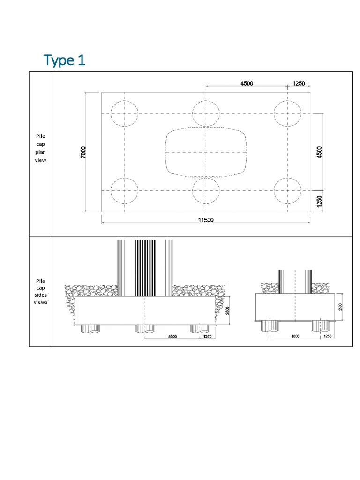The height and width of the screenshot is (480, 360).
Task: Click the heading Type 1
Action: (64, 60)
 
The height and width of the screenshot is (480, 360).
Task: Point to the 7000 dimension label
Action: (83, 152)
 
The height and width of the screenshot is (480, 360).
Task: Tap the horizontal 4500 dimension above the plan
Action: (247, 83)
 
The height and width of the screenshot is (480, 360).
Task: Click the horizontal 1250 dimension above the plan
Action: (299, 83)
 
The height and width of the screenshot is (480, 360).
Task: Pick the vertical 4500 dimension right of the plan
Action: (319, 152)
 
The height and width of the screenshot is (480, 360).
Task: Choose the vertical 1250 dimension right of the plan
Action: (319, 202)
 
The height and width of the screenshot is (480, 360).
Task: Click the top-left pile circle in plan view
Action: (124, 114)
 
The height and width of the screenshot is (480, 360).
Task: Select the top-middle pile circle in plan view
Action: (206, 114)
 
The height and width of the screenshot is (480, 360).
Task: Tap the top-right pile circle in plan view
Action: (287, 114)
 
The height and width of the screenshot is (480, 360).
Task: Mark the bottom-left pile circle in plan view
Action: (124, 191)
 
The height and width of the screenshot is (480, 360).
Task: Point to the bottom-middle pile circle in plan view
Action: (206, 191)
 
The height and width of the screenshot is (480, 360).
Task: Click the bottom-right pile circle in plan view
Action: (287, 191)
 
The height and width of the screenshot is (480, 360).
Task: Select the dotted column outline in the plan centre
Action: (206, 152)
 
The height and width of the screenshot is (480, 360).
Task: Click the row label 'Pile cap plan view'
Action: (40, 148)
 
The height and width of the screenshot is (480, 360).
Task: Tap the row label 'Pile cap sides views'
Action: (40, 291)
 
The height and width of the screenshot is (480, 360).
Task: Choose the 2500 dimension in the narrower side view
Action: (340, 307)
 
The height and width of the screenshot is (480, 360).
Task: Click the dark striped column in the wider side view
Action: (145, 267)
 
